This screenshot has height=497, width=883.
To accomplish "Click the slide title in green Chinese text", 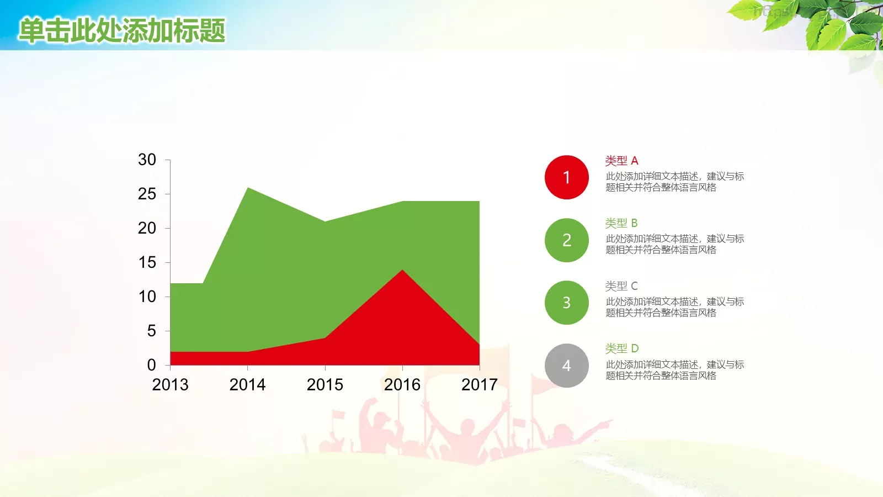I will (122, 30).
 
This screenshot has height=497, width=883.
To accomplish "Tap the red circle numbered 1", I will (566, 177).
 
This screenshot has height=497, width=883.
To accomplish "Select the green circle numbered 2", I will (566, 240).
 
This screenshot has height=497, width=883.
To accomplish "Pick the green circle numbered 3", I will (566, 303).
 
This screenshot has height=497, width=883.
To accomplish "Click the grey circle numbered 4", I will (566, 366).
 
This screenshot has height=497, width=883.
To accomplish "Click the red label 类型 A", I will (621, 161).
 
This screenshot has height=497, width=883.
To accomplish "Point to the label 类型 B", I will (621, 223).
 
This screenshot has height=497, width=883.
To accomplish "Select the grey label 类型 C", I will (621, 286).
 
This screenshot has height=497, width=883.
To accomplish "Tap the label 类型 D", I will (621, 348).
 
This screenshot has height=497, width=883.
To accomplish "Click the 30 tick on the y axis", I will (147, 160).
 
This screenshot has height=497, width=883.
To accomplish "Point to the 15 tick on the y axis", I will (147, 262).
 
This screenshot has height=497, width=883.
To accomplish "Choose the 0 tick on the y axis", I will (151, 365).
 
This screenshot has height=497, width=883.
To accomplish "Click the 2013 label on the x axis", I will (170, 384).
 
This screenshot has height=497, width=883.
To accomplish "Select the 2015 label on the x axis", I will (325, 384).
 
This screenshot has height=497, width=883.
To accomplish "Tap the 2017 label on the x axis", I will (479, 384).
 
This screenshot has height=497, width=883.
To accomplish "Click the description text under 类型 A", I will (674, 182).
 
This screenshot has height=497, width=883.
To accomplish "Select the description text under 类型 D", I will (674, 370).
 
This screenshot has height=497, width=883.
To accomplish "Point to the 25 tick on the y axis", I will (147, 194).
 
